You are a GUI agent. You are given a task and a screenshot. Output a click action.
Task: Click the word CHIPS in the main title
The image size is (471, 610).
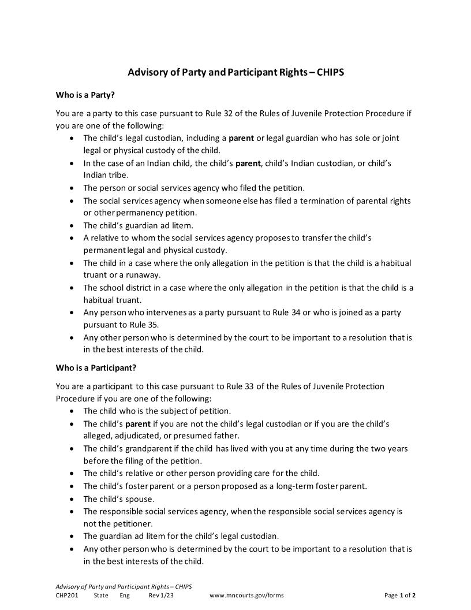click(330, 73)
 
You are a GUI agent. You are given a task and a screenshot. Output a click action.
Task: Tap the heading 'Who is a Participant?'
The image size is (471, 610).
click(96, 367)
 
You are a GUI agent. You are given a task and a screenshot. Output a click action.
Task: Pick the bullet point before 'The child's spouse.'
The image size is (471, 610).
click(71, 499)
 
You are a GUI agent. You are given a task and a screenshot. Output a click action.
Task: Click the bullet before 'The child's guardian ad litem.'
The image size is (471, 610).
click(71, 225)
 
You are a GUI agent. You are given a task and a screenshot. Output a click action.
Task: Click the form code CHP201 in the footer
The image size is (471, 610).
click(67, 596)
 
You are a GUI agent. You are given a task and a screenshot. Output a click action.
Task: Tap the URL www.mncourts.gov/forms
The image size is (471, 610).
click(246, 596)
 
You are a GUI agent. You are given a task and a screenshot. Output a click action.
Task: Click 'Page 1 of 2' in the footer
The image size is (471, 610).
click(399, 596)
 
